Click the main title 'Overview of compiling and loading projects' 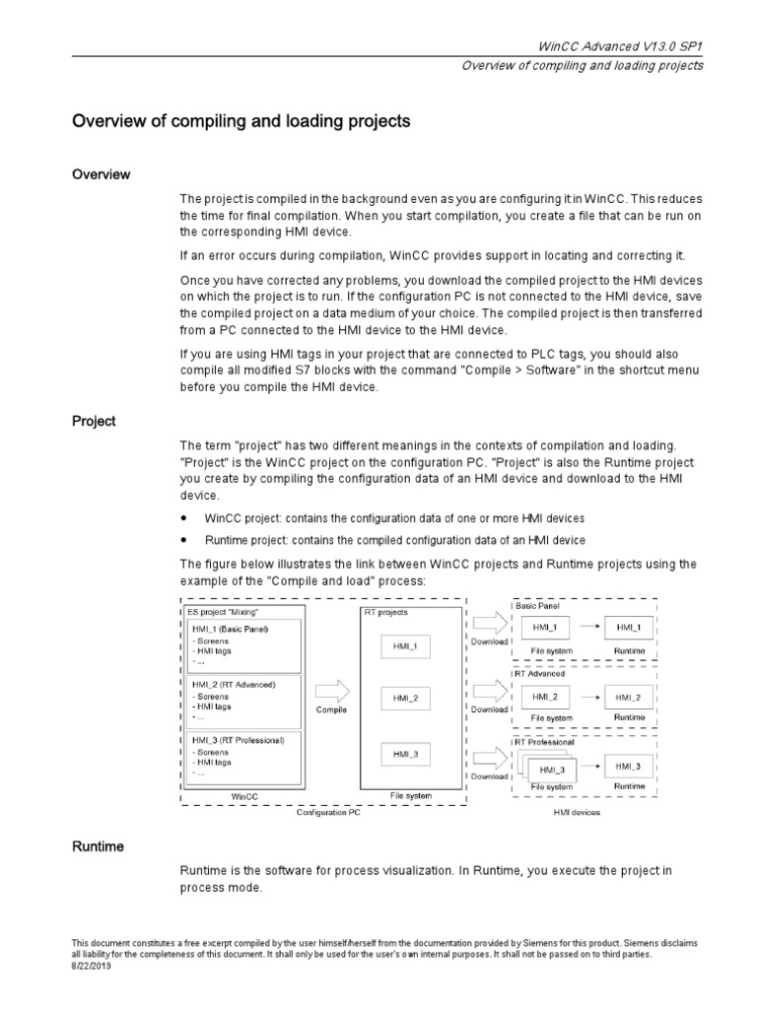(241, 122)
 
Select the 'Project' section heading (94, 421)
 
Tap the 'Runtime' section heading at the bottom (98, 846)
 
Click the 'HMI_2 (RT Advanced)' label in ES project (234, 684)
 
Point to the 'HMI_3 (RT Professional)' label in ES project (239, 739)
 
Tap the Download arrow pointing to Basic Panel (488, 625)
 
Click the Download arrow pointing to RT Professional (488, 759)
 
